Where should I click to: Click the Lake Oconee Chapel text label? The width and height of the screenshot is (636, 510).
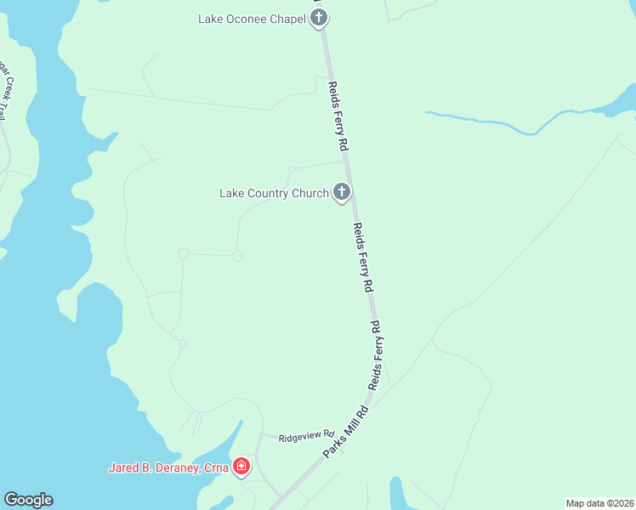(252, 19)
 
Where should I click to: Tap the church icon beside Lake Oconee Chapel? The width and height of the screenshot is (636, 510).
(319, 17)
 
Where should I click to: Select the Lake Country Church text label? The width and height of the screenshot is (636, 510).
(274, 194)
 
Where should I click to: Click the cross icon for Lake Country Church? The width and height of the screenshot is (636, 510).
(342, 192)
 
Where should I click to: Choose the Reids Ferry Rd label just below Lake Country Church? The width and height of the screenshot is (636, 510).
(363, 258)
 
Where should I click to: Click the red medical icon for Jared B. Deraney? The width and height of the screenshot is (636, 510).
(241, 466)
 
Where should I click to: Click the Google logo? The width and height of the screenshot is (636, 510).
(28, 500)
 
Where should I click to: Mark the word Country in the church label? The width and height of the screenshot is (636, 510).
(269, 194)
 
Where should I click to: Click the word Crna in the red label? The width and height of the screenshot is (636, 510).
(216, 467)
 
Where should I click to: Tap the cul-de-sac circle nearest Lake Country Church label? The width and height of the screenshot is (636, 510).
(292, 169)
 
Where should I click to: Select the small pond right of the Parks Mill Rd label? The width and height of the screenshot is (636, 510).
(397, 492)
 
